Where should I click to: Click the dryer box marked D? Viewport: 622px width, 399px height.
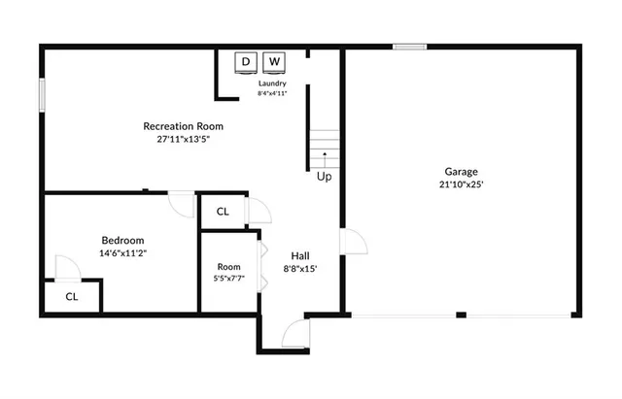[x=246, y=62]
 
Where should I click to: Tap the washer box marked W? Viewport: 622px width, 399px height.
[x=275, y=62]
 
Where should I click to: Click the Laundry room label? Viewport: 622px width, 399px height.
[x=272, y=83]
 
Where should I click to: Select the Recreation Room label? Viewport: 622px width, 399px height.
[x=184, y=126]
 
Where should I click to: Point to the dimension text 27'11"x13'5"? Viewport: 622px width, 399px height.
[x=184, y=139]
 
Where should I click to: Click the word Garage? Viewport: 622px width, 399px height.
[x=461, y=171]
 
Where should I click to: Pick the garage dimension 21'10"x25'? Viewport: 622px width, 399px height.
[x=461, y=183]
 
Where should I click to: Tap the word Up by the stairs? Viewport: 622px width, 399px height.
[x=324, y=177]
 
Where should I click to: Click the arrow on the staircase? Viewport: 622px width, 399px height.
[x=325, y=155]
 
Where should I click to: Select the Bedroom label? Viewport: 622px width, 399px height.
[x=123, y=241]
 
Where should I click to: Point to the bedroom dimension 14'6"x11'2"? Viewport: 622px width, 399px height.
[x=123, y=253]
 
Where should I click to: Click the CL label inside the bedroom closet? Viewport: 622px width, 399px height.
[x=72, y=297]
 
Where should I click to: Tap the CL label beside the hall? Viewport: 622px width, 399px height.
[x=223, y=212]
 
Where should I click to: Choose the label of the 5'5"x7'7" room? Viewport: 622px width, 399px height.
[x=228, y=267]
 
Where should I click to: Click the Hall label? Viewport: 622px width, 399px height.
[x=300, y=256]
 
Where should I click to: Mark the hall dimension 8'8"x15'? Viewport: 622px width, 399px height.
[x=300, y=269]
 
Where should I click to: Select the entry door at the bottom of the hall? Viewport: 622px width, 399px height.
[x=292, y=335]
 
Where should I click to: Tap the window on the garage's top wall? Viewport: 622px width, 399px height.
[x=409, y=46]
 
